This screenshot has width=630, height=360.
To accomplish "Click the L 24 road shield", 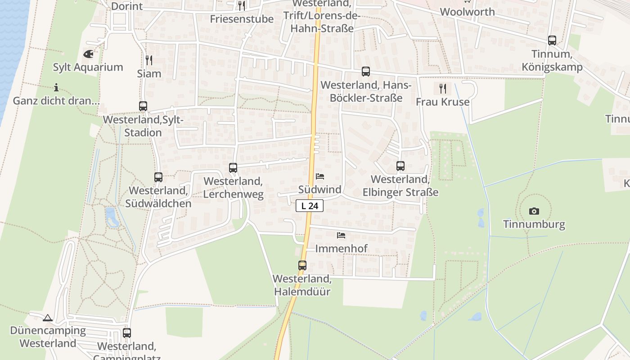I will pos(310,206).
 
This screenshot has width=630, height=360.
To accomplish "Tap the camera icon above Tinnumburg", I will pos(534,211).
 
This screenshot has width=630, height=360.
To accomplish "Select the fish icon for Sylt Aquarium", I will pos(89,54).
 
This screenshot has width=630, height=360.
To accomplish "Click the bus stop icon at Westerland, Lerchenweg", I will pos(233,168).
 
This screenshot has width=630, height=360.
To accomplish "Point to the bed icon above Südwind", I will pos(320,176).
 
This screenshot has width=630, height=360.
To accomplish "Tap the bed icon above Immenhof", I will pos(341,235).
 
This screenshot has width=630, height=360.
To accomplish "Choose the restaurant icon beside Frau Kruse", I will pos(443,88).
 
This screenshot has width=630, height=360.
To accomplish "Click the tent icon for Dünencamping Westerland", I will pos(48,318).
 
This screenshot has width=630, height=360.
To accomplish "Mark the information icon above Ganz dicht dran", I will pos(56,87).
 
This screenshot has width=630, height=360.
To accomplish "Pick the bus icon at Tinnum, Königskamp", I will pos(552,40).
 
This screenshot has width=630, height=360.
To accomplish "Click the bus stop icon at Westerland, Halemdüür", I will pos(302,265).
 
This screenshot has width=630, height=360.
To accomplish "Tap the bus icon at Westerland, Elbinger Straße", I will pos(400,166).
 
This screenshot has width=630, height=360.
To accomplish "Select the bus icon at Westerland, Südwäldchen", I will pos(158,177).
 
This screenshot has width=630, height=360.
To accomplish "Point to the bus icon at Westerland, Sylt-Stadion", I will pos(143,106).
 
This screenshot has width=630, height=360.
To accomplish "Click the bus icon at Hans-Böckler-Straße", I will pos(366,72).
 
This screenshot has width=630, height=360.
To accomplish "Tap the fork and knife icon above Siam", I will pos(149,60).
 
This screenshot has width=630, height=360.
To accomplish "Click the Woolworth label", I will pos(468,12).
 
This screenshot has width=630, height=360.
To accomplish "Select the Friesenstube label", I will pos(242,19).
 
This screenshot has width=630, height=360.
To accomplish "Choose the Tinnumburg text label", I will pos(534,224).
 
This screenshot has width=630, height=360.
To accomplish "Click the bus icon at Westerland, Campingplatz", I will pos(127,333).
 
